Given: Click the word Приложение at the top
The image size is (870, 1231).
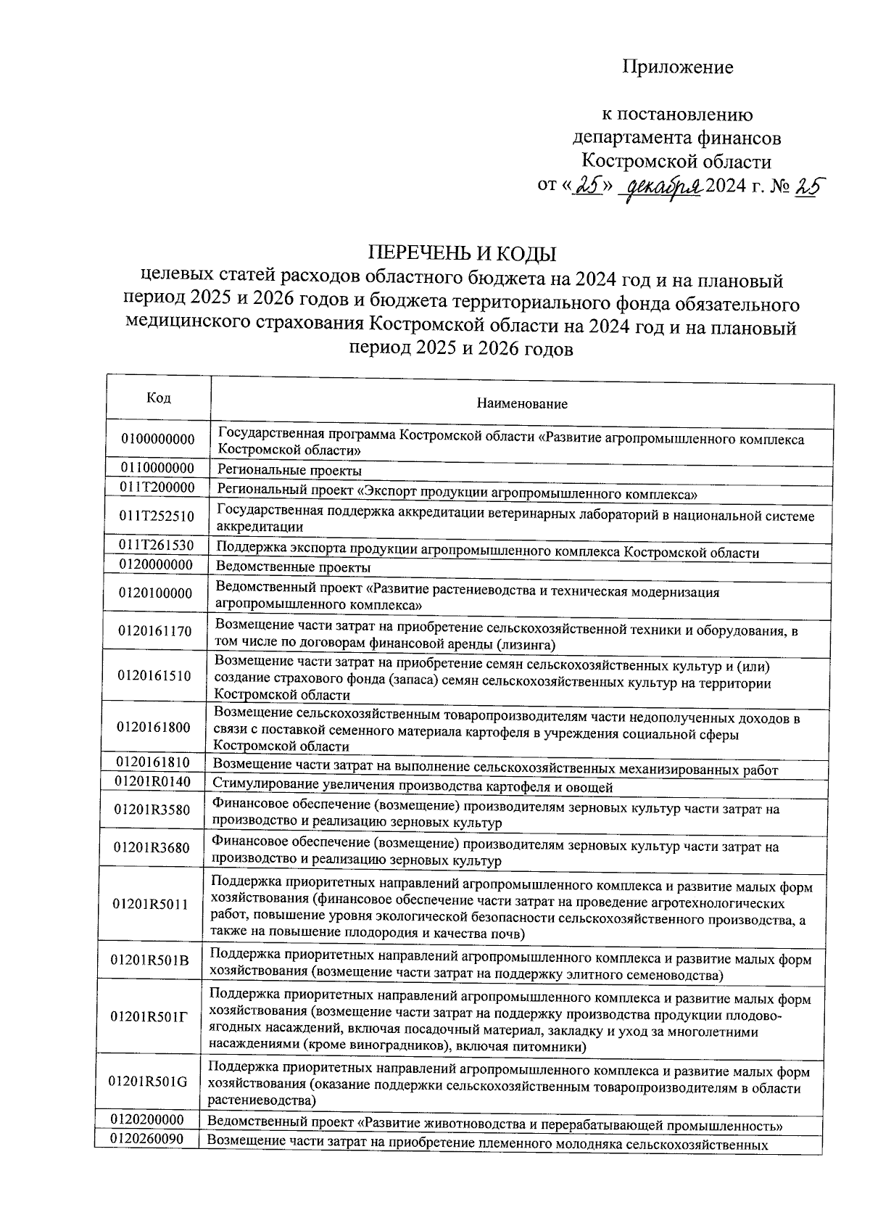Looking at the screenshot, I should [x=677, y=67].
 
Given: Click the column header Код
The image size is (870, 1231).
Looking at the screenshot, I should [x=159, y=398].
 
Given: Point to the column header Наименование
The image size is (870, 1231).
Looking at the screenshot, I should [x=522, y=404].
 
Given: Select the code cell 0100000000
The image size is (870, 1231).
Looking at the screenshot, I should [x=158, y=440].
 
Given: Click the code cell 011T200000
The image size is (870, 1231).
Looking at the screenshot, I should [x=157, y=487].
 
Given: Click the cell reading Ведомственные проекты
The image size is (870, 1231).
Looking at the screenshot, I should [x=294, y=567].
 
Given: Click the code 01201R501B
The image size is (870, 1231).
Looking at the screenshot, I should [x=149, y=960].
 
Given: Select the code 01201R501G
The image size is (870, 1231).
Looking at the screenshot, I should [x=148, y=1082].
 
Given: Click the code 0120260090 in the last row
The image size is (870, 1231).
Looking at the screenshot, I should [x=146, y=1139].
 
